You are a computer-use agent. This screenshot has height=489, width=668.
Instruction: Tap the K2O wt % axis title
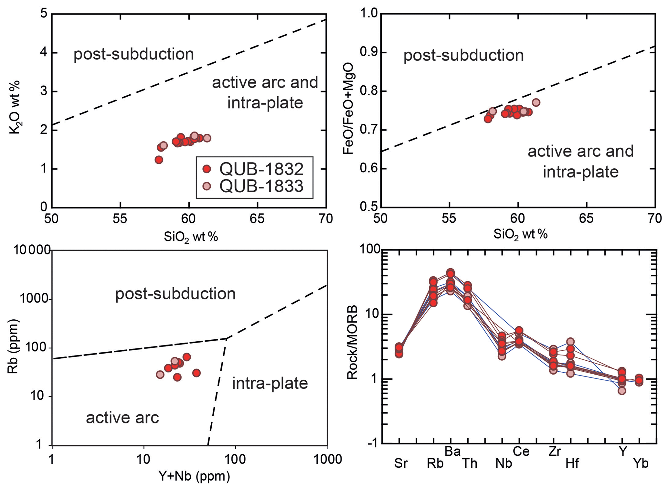click(15, 107)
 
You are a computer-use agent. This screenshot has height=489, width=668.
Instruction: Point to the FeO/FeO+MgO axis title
click(349, 109)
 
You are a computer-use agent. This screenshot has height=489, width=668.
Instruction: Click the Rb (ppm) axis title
click(13, 346)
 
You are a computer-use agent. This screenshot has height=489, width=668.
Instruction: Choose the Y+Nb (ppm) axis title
click(194, 476)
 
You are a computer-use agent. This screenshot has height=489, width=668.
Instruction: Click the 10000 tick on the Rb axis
click(32, 250)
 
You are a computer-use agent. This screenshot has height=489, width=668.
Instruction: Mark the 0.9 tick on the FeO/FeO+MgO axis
click(369, 53)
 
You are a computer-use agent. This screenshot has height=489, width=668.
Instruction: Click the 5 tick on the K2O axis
click(44, 14)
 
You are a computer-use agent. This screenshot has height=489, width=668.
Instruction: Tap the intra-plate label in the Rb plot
click(270, 384)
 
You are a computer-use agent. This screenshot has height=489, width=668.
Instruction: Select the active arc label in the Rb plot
click(122, 418)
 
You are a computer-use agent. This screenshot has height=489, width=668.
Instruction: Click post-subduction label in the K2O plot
click(133, 54)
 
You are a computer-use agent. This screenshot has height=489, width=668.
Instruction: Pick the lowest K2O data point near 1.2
click(159, 160)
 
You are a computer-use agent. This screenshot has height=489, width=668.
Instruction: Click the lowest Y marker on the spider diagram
click(622, 391)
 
